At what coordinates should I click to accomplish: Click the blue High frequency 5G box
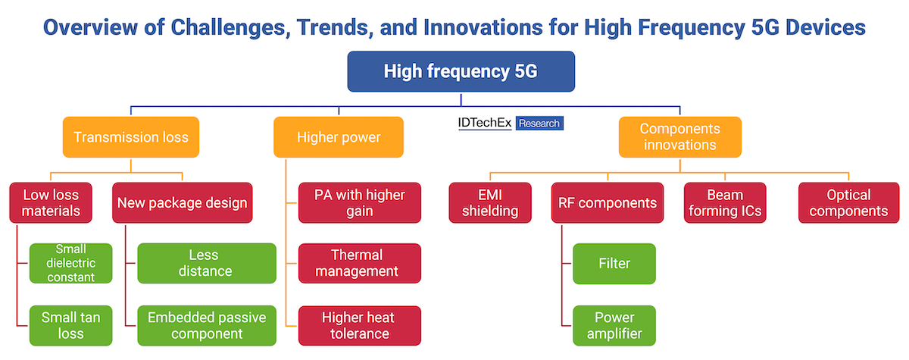point(461,71)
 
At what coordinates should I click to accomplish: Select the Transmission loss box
point(131,137)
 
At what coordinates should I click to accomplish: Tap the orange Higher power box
point(339,137)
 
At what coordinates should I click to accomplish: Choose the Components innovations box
point(679,137)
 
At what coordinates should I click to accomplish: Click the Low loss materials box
point(51,203)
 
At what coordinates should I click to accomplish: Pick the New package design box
point(183,203)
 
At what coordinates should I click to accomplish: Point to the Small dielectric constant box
point(71,264)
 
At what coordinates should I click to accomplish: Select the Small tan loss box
point(71,325)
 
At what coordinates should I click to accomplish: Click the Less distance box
point(207,264)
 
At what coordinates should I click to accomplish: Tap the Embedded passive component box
point(207,325)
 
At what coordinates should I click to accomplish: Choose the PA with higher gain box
point(360,203)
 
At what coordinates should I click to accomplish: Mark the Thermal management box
point(360,264)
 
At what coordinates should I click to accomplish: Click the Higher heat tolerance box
point(360,325)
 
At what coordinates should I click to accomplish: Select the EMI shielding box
point(490,203)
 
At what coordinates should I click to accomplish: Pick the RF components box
point(608,203)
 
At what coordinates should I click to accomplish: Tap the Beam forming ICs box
point(725,203)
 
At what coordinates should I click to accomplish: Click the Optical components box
point(849,203)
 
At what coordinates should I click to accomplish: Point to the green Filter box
point(614,264)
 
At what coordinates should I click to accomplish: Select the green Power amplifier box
point(614,325)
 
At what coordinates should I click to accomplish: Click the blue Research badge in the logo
point(539,124)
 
